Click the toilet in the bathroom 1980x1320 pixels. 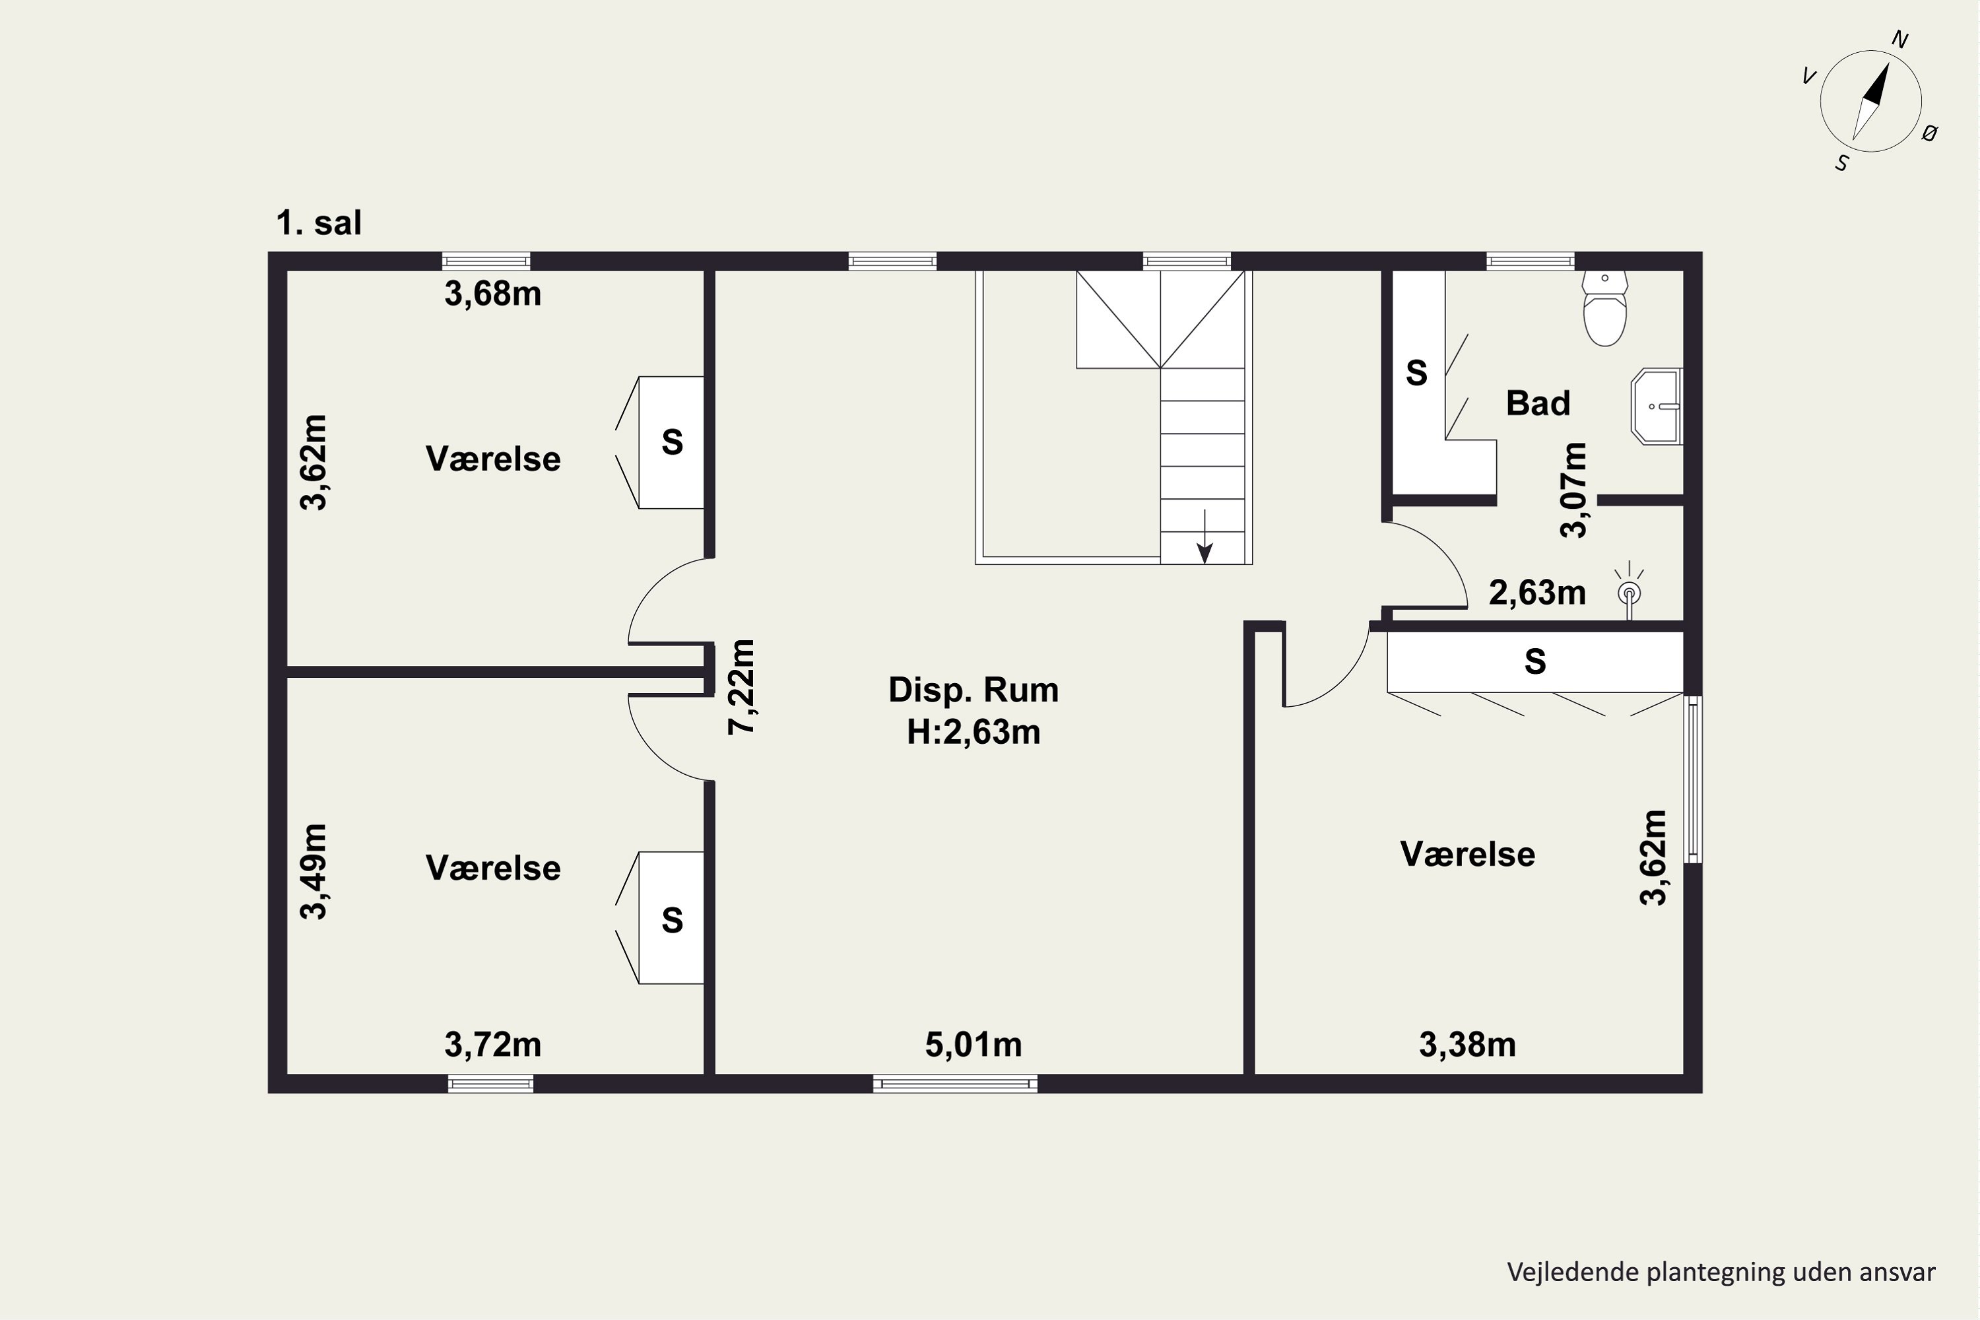1604,308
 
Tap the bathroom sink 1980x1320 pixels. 1656,407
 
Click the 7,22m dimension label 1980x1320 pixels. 742,687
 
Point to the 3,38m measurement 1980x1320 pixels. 1467,1045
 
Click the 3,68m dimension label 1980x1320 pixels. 492,294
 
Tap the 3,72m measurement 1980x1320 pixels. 492,1045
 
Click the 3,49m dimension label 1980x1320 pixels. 314,871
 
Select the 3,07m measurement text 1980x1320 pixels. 1573,490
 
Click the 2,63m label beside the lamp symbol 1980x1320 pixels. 1537,593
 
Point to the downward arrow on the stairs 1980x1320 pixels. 1204,536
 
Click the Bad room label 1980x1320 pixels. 1538,403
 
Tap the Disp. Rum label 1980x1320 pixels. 973,690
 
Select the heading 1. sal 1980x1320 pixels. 319,223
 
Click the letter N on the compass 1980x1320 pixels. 1900,40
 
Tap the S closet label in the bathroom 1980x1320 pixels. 1417,372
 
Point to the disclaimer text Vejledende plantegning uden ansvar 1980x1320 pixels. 1721,1272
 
